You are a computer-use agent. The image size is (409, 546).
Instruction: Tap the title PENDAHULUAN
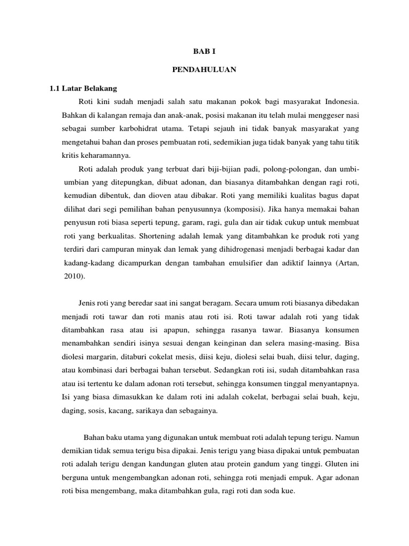click(x=204, y=69)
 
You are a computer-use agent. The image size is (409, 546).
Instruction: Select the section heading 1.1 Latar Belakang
click(x=84, y=87)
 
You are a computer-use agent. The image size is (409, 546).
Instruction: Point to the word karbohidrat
click(x=155, y=129)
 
